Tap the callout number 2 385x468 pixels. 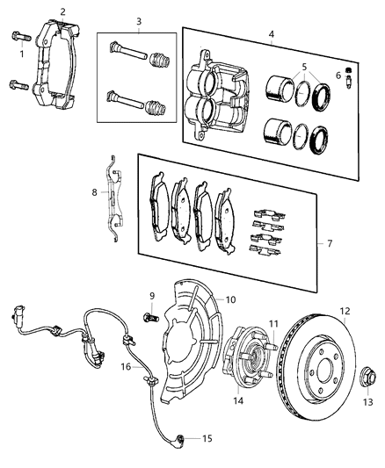click(62, 11)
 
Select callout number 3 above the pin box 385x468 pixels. click(138, 20)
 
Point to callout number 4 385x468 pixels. click(272, 36)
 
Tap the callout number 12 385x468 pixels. click(345, 310)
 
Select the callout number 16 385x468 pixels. click(126, 365)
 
